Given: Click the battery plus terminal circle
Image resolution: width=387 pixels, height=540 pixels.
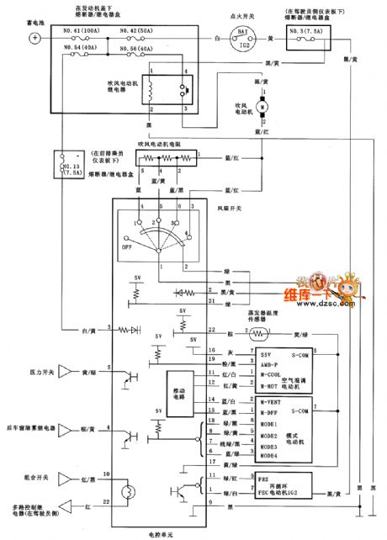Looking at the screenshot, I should [x=34, y=39].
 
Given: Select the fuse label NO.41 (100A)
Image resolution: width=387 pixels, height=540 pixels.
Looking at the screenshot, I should [x=82, y=30].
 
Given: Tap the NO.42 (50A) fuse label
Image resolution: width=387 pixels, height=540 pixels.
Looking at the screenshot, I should [x=135, y=30].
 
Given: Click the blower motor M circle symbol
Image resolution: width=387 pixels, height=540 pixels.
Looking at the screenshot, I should [x=261, y=107].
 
